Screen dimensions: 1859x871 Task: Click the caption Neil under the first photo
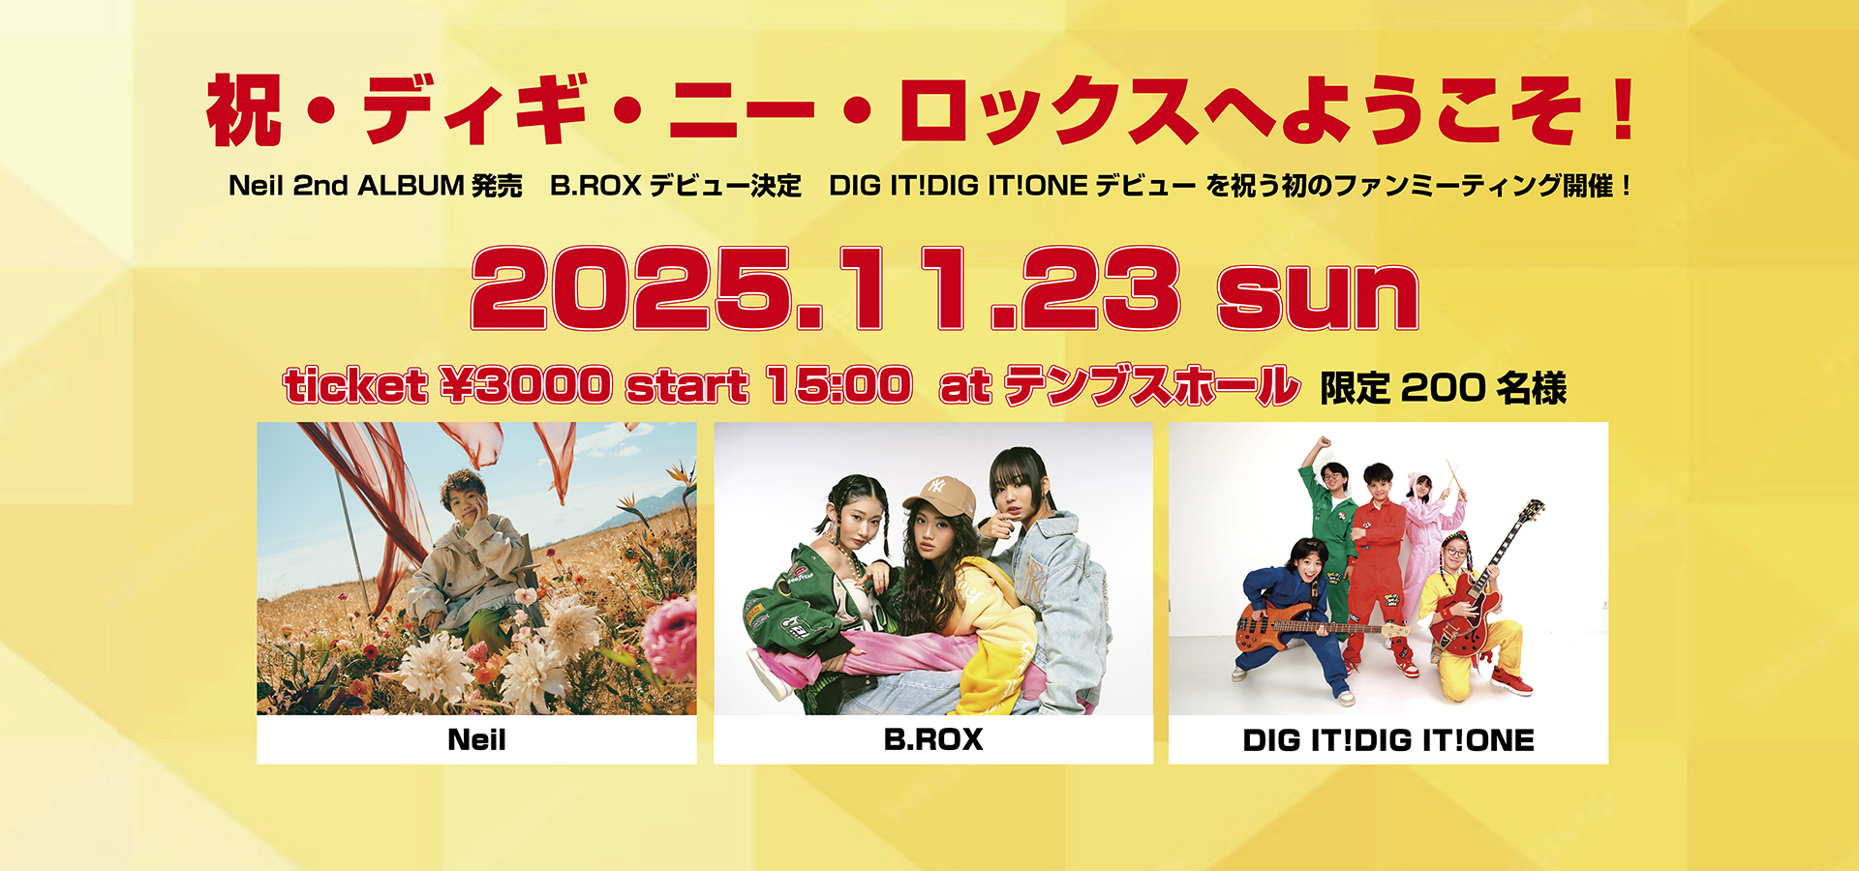476,740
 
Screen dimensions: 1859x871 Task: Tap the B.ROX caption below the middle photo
933,740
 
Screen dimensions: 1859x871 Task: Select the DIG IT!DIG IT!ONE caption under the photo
1388,741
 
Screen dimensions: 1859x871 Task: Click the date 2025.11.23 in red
825,288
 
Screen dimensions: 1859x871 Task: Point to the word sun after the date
1318,295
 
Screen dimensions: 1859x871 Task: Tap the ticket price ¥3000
525,385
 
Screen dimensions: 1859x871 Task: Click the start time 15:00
838,385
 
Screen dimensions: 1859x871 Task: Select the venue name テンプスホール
1151,385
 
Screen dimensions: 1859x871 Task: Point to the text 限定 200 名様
1443,388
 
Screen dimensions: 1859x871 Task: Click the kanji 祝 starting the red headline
244,110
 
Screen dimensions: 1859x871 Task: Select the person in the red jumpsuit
1378,571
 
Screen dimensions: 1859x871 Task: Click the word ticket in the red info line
355,385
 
